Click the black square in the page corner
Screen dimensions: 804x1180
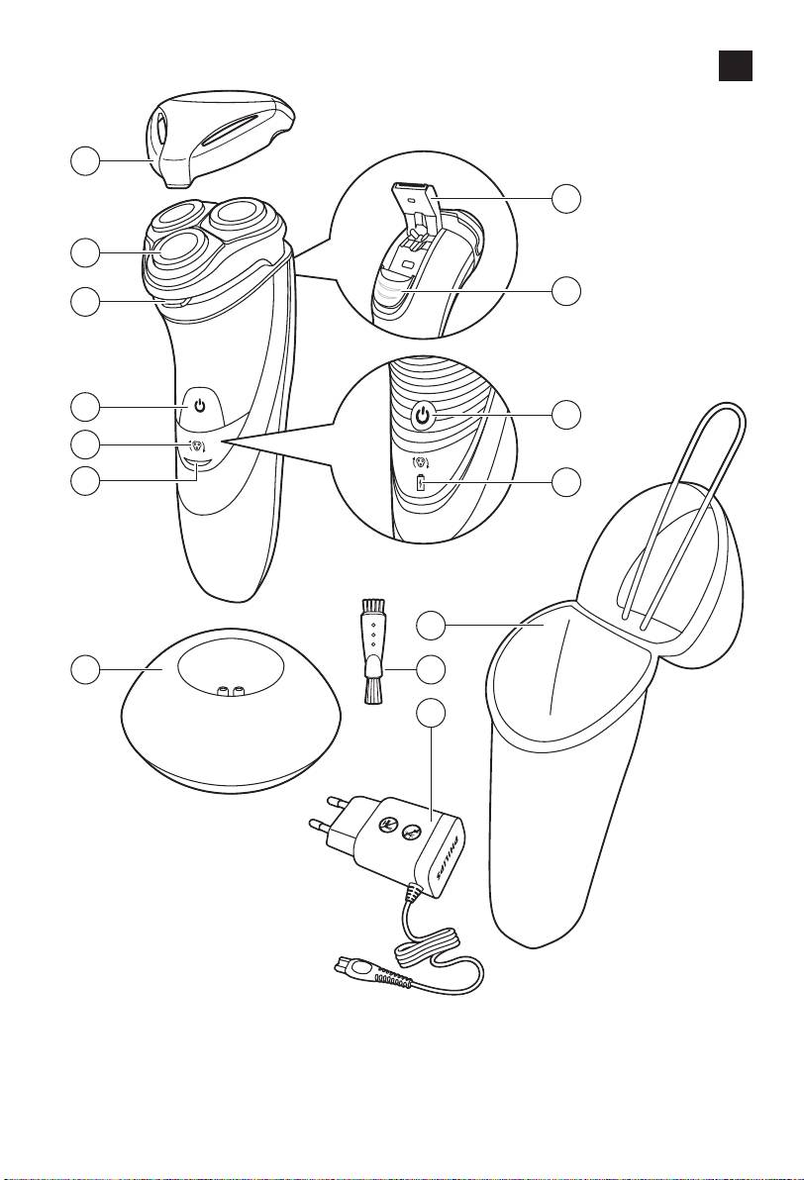pyautogui.click(x=735, y=65)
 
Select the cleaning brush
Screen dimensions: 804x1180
pyautogui.click(x=371, y=651)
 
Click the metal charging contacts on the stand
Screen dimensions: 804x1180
pyautogui.click(x=228, y=689)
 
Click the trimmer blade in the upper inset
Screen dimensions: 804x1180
pyautogui.click(x=413, y=193)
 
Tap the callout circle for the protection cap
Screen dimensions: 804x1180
pyautogui.click(x=85, y=161)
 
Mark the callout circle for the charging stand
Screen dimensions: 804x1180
pyautogui.click(x=85, y=669)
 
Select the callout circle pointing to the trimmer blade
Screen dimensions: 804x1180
pyautogui.click(x=566, y=198)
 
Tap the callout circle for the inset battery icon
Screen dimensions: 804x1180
pyautogui.click(x=566, y=481)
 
